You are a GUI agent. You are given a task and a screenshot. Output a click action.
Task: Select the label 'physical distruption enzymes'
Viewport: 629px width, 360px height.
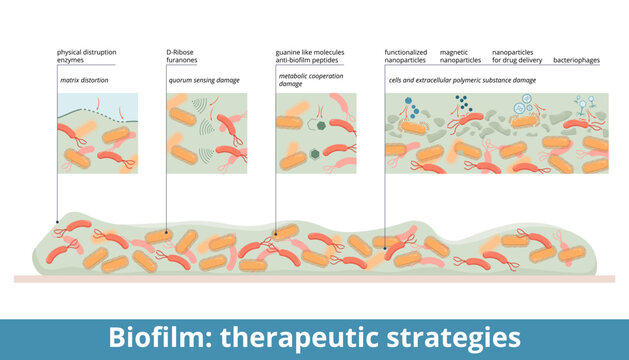86,55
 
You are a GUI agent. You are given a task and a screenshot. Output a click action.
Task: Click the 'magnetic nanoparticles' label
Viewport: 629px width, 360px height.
460,55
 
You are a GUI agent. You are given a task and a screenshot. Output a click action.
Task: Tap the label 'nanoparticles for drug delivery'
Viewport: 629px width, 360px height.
518,55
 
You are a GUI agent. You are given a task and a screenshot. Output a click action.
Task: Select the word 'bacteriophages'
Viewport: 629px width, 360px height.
576,60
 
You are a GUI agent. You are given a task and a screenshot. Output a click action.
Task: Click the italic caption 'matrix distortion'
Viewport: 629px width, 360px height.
84,78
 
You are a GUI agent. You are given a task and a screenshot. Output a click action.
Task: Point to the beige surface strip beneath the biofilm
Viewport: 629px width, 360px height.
314,278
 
